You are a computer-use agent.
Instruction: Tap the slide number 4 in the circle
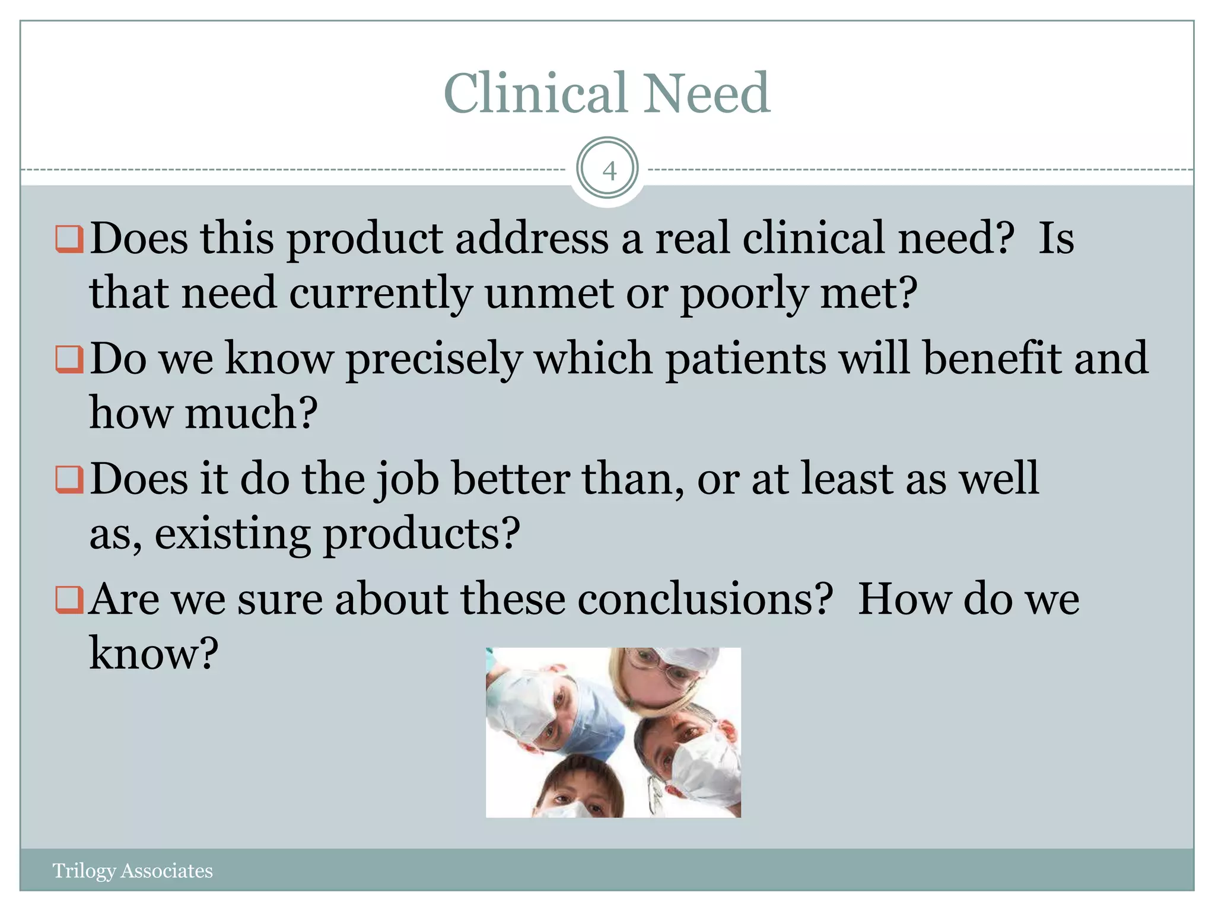click(608, 171)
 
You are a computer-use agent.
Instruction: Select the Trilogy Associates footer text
click(132, 870)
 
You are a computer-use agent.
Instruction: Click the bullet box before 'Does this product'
click(69, 239)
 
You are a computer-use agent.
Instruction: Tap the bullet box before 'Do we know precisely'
click(69, 359)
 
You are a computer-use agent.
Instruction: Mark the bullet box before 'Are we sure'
click(69, 600)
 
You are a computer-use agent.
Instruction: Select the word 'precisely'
click(434, 359)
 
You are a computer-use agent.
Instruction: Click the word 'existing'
click(232, 534)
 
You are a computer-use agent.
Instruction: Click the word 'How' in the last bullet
click(904, 599)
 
